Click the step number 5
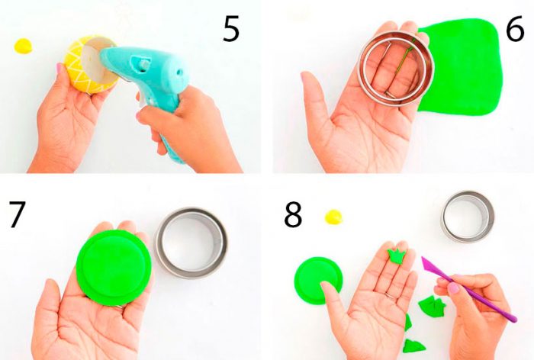231,29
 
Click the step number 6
515,29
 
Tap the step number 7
17,214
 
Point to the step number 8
293,214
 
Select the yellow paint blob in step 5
23,46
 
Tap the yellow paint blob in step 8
333,217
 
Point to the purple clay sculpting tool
468,290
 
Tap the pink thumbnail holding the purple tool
453,288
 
